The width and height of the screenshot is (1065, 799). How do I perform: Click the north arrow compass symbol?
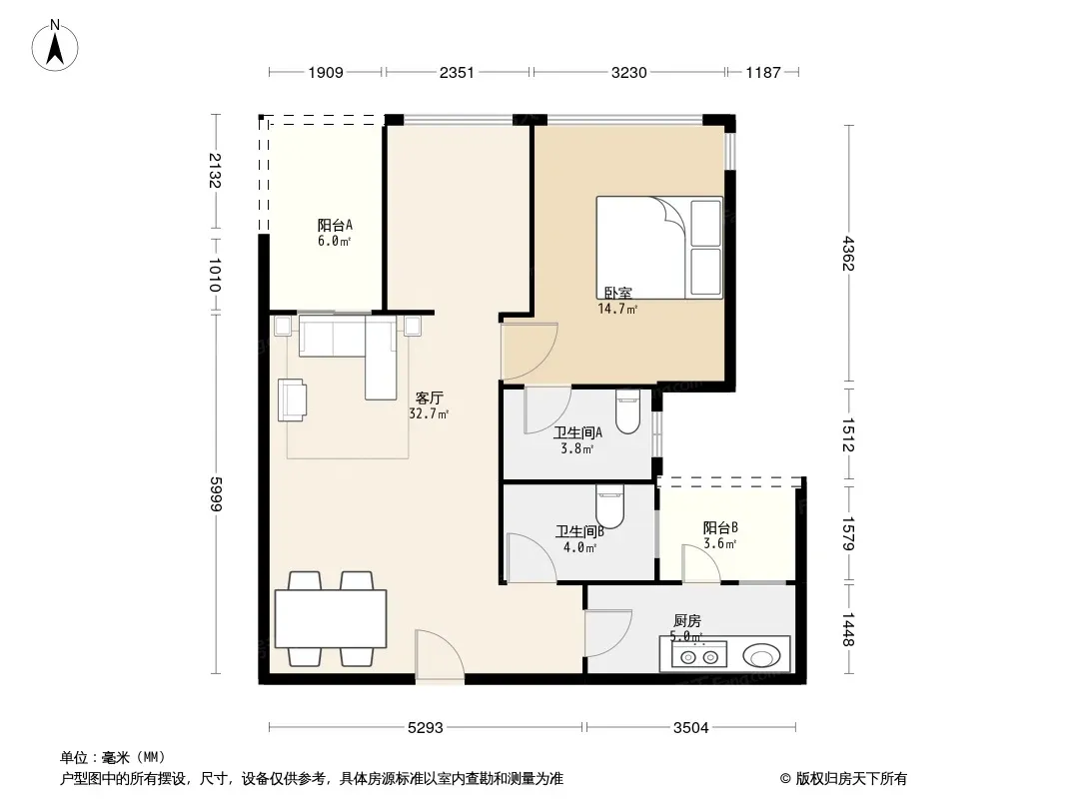[x=55, y=46]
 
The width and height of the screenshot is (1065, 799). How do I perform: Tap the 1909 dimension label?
[x=326, y=72]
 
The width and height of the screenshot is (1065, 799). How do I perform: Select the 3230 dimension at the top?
[x=628, y=72]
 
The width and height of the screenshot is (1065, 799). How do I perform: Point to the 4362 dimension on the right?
[x=847, y=254]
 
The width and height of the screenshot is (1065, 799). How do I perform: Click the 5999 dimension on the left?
[x=216, y=494]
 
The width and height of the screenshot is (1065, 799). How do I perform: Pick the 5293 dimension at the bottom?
[x=426, y=728]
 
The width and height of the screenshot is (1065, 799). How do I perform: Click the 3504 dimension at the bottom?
[x=690, y=728]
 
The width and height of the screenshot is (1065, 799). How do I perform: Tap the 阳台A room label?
[x=335, y=225]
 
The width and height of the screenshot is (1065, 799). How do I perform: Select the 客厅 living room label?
[x=430, y=398]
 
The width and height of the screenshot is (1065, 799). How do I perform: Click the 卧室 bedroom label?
[x=618, y=294]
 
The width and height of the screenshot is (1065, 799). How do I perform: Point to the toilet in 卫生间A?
[x=628, y=410]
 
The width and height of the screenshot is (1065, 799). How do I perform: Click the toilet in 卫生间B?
[x=609, y=505]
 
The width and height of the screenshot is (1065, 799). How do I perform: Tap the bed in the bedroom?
[x=659, y=248]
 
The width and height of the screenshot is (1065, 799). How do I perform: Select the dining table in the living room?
[x=331, y=619]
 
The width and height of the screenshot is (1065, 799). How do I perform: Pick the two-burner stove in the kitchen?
[x=699, y=656]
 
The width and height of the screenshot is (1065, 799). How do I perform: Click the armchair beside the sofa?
[x=292, y=400]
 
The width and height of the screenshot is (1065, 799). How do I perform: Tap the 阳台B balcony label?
[x=720, y=528]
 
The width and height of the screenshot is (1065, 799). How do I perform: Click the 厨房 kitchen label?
[x=687, y=621]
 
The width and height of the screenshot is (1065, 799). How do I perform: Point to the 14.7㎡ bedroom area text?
[x=617, y=310]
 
